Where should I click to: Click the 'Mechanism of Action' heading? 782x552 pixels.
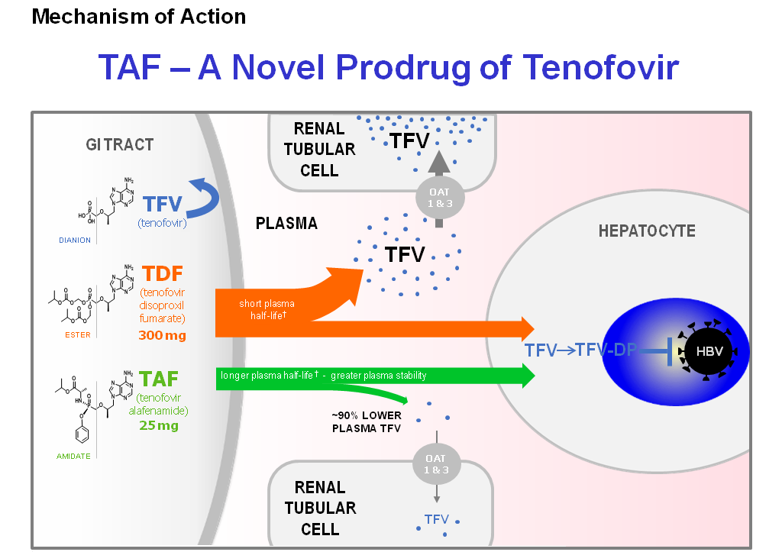tap(139, 16)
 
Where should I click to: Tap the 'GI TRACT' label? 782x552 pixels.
tap(119, 144)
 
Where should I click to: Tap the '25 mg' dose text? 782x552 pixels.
tap(159, 425)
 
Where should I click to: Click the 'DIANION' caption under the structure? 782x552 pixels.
tap(75, 240)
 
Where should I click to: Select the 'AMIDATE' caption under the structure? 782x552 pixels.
tap(75, 456)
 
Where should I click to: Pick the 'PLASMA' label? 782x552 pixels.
tap(286, 224)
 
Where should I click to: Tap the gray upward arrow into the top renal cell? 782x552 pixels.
tap(438, 163)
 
